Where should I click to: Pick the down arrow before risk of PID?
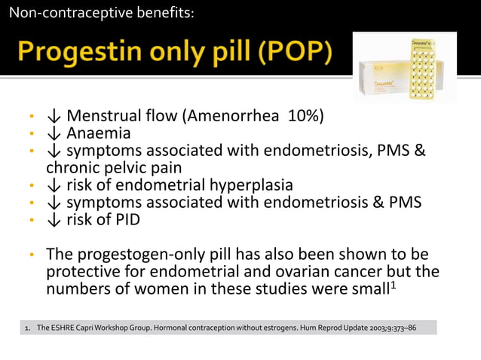point(54,219)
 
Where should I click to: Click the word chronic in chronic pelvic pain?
point(72,167)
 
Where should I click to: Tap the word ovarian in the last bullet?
point(308,270)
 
